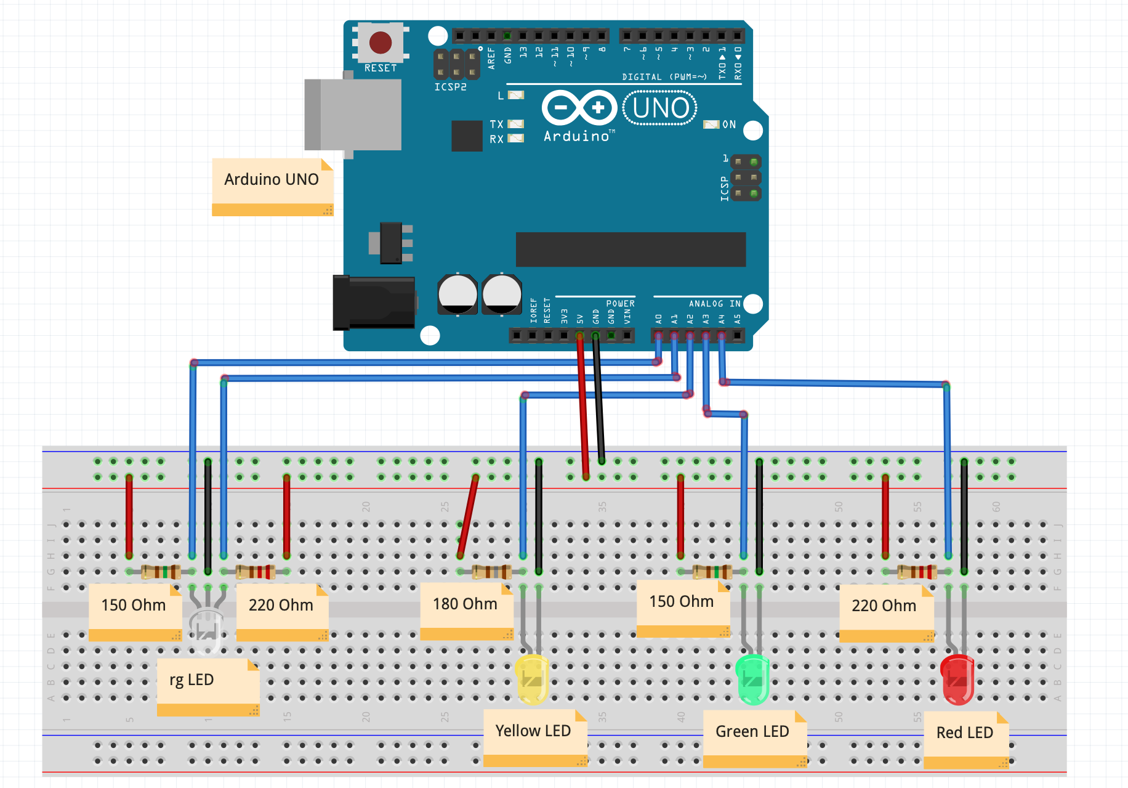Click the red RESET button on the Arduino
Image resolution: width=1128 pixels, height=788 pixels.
pos(380,43)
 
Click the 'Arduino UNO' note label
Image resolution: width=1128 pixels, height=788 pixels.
pos(272,180)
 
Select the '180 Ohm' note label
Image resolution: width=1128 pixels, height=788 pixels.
pos(465,604)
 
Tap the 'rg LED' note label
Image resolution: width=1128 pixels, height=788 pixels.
pos(192,680)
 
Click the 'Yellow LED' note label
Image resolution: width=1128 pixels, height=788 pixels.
pos(533,731)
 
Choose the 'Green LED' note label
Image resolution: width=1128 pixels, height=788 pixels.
pos(752,732)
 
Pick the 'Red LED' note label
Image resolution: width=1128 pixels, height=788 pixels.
pos(964,733)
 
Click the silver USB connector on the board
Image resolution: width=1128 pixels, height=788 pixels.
pos(354,115)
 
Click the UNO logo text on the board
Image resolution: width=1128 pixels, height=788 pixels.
pos(660,108)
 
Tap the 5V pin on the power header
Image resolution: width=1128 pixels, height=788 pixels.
pos(579,336)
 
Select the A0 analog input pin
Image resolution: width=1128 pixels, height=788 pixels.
pos(658,336)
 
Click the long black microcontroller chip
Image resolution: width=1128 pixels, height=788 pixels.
pos(630,250)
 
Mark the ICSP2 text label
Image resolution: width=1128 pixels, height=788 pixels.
pos(450,87)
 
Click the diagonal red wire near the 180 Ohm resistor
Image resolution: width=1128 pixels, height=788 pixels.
pos(468,516)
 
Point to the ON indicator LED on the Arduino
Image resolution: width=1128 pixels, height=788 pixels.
pos(711,124)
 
